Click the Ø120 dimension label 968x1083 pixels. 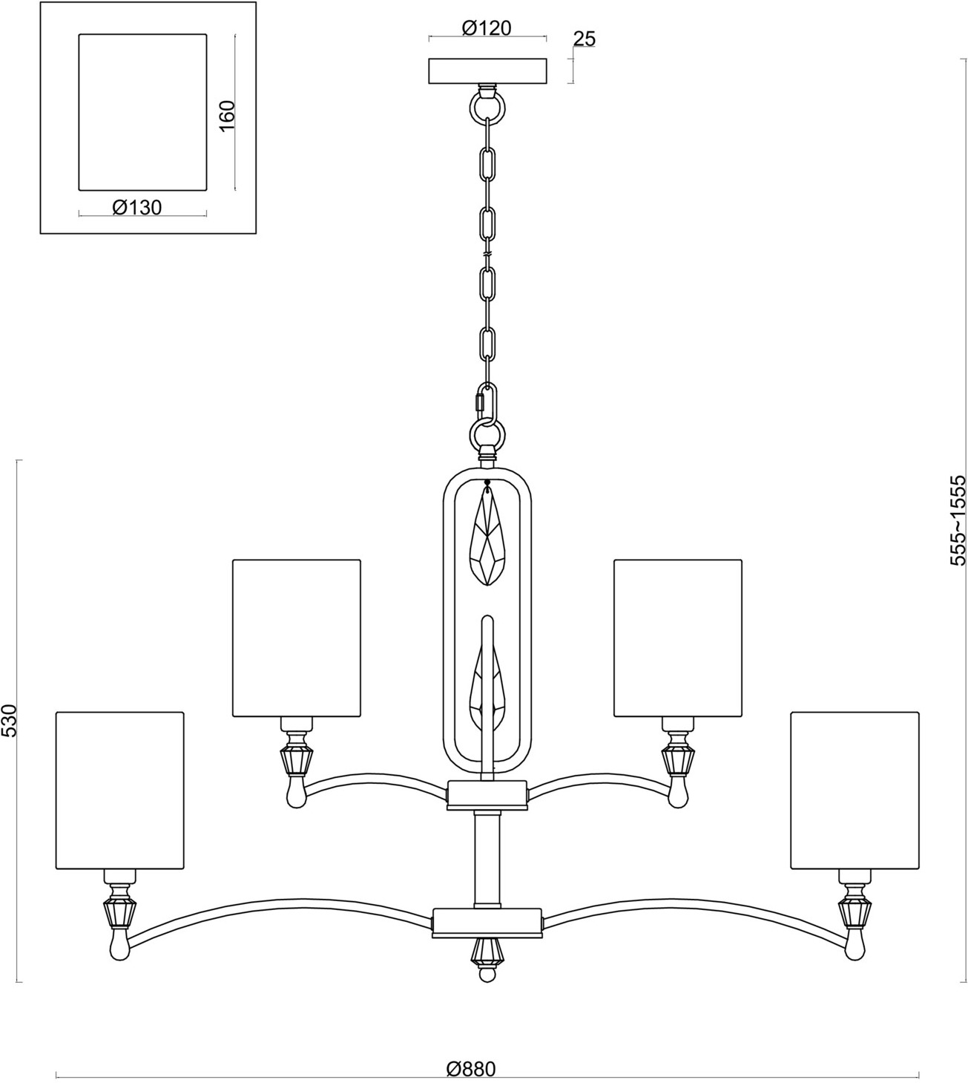coord(487,27)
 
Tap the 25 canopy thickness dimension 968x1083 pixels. coord(584,39)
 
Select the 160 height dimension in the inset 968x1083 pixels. coord(227,116)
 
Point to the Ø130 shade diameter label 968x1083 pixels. coord(137,207)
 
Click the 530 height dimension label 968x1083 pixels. coord(10,721)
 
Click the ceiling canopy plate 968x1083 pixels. coord(488,71)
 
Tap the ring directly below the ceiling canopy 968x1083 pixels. coord(487,108)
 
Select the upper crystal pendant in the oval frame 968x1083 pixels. coord(487,535)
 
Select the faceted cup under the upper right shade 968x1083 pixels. coord(679,760)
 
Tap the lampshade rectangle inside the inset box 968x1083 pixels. coord(142,112)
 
